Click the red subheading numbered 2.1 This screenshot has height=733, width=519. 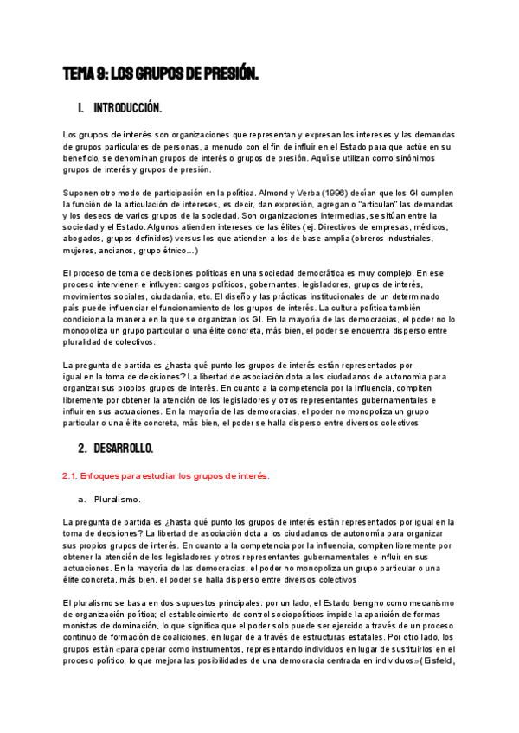coord(167,475)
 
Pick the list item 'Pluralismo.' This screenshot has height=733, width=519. coord(119,499)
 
